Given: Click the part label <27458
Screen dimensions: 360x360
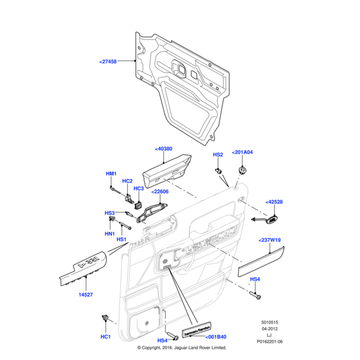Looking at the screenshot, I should (108, 61).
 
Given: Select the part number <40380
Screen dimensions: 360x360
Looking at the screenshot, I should (163, 149).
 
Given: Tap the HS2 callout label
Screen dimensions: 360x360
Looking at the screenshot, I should (218, 155).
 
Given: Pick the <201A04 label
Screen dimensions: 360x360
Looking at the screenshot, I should (242, 152).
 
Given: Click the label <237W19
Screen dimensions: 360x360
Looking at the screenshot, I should (269, 240).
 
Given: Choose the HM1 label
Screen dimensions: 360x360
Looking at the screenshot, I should (111, 174).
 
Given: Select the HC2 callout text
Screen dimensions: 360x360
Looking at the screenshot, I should (127, 181).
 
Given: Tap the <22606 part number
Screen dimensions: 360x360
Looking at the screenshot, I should (159, 192).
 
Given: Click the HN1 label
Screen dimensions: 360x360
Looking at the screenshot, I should (110, 233).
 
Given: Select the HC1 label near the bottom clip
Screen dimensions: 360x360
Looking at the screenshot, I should (106, 337).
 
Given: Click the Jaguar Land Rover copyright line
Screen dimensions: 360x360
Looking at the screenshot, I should (181, 347).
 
